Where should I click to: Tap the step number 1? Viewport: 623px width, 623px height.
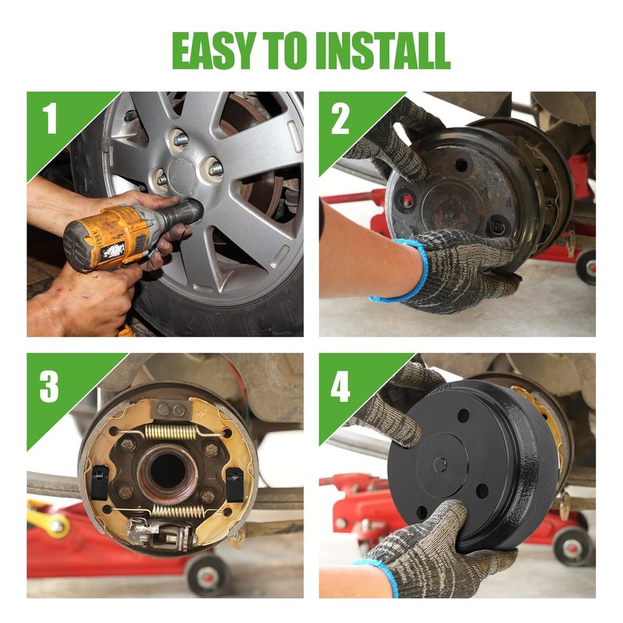pyautogui.click(x=50, y=118)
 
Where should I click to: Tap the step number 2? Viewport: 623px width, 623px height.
pyautogui.click(x=340, y=118)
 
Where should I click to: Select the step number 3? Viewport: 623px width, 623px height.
pyautogui.click(x=49, y=386)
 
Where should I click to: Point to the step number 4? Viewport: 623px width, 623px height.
pyautogui.click(x=340, y=386)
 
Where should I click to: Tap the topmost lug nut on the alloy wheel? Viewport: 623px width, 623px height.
pyautogui.click(x=180, y=139)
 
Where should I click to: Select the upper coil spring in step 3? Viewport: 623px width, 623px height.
pyautogui.click(x=171, y=432)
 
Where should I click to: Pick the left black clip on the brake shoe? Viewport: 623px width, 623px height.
pyautogui.click(x=100, y=482)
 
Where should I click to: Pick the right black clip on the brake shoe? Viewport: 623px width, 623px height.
pyautogui.click(x=235, y=484)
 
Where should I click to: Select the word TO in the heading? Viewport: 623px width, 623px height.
pyautogui.click(x=284, y=51)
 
